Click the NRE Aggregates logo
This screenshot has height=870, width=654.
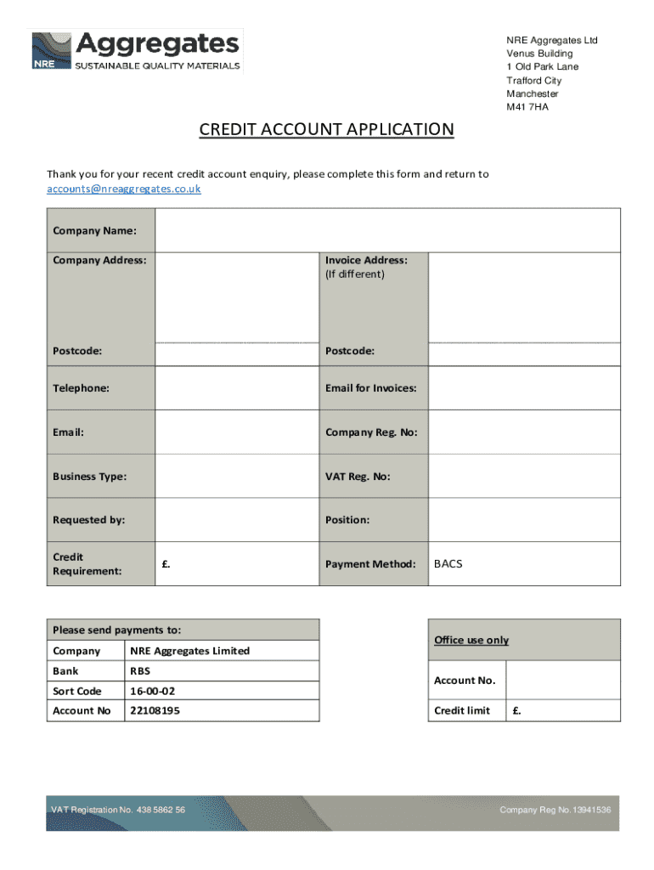(x=136, y=51)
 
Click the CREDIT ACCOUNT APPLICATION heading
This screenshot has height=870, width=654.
(x=326, y=129)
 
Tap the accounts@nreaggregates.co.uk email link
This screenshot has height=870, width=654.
(x=123, y=189)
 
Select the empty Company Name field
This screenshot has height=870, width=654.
(x=387, y=230)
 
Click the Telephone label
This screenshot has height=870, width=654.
(x=81, y=388)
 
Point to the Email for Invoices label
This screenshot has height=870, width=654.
(x=370, y=388)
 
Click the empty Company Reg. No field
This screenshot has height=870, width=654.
(x=524, y=432)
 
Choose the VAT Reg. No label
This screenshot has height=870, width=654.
(x=358, y=477)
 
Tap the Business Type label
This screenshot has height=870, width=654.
(x=89, y=477)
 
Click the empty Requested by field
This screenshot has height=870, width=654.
(x=236, y=520)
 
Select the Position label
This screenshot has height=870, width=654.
(x=347, y=520)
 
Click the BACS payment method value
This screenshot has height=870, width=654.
(x=448, y=563)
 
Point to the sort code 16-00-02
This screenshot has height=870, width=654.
(x=152, y=691)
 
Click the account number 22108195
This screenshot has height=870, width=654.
(x=155, y=710)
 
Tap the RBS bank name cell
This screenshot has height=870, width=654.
(x=139, y=671)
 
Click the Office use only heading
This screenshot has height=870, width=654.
(x=471, y=640)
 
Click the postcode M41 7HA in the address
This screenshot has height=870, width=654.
(x=527, y=108)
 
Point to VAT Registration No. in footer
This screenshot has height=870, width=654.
(x=117, y=810)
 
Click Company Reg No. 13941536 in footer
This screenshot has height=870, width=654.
(x=555, y=810)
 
